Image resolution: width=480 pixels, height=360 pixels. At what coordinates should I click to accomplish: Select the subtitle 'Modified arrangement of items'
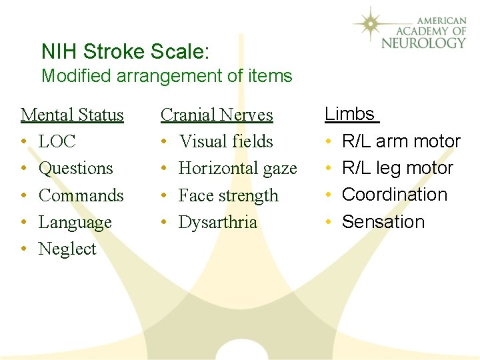167,76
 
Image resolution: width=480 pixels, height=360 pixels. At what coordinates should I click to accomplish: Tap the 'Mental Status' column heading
72,115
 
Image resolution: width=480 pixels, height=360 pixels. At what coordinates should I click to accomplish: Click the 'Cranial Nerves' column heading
217,115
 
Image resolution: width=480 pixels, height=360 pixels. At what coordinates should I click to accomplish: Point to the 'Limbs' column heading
350,114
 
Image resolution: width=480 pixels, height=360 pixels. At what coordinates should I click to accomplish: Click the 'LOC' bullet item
57,141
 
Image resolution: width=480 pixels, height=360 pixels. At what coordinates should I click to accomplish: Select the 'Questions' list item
76,168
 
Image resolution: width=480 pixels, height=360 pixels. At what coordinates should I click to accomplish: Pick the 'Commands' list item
81,195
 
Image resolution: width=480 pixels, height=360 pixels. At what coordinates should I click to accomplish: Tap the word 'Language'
75,222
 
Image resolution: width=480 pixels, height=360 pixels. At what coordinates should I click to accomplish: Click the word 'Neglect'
67,249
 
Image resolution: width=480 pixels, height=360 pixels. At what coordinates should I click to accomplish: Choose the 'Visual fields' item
226,141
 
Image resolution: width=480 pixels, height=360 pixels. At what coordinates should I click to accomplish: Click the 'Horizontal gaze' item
238,168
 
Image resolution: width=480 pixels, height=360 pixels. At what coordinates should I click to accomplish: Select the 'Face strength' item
229,195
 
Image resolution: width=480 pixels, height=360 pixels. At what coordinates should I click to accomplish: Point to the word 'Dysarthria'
218,222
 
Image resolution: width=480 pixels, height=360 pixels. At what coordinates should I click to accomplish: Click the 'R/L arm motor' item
401,141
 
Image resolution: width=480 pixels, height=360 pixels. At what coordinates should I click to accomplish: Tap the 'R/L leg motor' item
397,168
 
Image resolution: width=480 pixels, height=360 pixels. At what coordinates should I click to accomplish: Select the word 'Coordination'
395,195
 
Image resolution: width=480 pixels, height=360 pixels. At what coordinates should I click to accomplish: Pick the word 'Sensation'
383,221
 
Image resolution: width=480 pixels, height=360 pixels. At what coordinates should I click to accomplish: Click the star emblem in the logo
374,25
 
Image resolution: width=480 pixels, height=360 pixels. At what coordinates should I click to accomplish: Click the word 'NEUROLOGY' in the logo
423,43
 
